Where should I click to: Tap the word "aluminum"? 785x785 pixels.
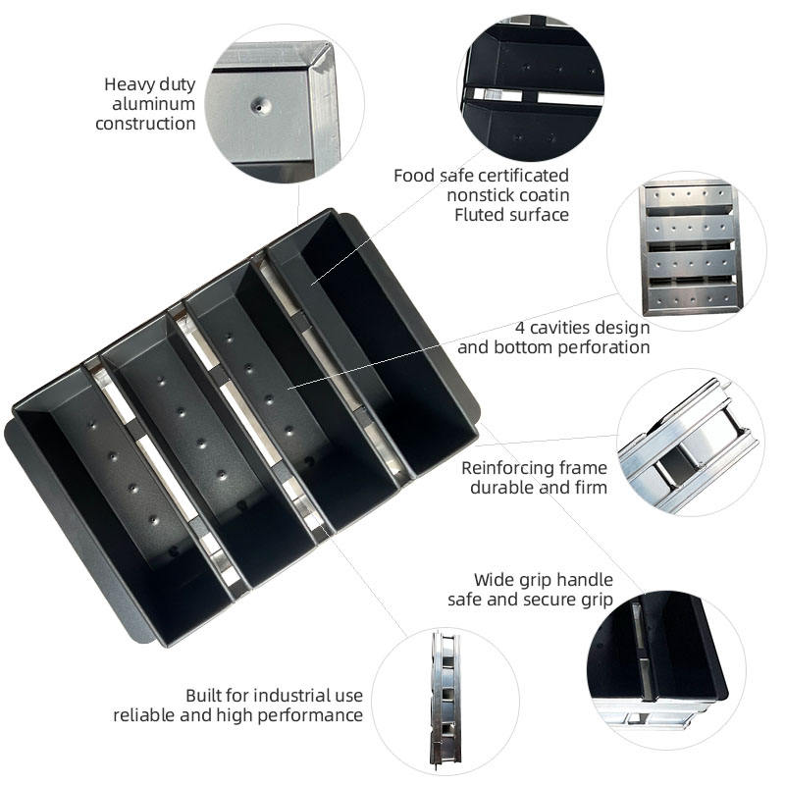pyautogui.click(x=154, y=104)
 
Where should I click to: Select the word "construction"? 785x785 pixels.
pyautogui.click(x=145, y=124)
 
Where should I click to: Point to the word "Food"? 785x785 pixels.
pyautogui.click(x=414, y=176)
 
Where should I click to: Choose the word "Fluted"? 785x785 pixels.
pyautogui.click(x=479, y=215)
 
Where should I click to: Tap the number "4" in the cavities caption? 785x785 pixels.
pyautogui.click(x=520, y=328)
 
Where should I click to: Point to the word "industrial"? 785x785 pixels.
pyautogui.click(x=276, y=696)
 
